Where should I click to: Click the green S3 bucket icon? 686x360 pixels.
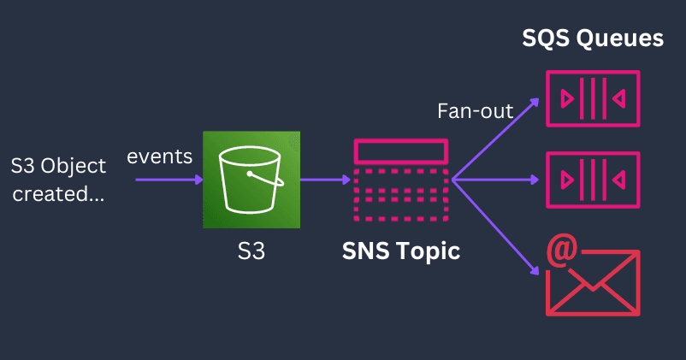pyautogui.click(x=251, y=180)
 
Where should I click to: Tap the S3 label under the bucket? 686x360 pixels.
pyautogui.click(x=251, y=252)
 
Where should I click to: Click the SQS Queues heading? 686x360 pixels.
pyautogui.click(x=593, y=38)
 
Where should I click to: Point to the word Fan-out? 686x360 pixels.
pyautogui.click(x=475, y=111)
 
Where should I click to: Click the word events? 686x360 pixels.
pyautogui.click(x=160, y=156)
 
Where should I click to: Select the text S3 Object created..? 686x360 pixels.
pyautogui.click(x=58, y=179)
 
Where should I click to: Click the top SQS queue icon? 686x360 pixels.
pyautogui.click(x=593, y=99)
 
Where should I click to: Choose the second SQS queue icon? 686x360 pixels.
pyautogui.click(x=593, y=180)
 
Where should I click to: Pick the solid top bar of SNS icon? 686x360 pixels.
pyautogui.click(x=400, y=150)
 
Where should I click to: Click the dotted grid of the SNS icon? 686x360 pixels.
pyautogui.click(x=400, y=196)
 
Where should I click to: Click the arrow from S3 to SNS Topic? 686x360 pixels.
pyautogui.click(x=325, y=180)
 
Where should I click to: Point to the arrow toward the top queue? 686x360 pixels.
pyautogui.click(x=496, y=139)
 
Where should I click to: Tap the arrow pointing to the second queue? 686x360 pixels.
pyautogui.click(x=496, y=180)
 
